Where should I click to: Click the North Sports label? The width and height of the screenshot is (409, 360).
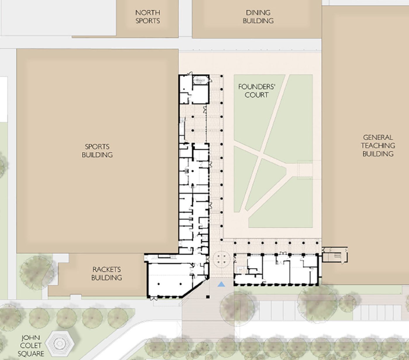click(148, 17)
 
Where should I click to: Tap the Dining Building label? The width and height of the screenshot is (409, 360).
click(258, 17)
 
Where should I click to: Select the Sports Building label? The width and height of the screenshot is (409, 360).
click(97, 150)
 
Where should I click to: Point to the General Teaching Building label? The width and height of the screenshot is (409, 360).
click(378, 146)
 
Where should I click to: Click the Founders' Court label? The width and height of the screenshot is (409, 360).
click(257, 91)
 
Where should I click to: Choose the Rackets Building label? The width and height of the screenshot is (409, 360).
click(107, 274)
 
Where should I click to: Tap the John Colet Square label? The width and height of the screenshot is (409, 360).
click(31, 346)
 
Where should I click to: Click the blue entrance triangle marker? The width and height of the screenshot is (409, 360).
click(221, 285)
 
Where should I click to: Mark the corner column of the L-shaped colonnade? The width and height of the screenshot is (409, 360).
click(221, 240)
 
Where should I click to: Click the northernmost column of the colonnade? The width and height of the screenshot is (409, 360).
click(221, 76)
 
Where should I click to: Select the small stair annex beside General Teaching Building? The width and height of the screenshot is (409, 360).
click(334, 255)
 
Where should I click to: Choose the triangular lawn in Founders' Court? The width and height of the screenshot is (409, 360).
click(273, 185)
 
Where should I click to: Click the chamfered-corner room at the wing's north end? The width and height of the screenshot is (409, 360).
click(200, 80)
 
